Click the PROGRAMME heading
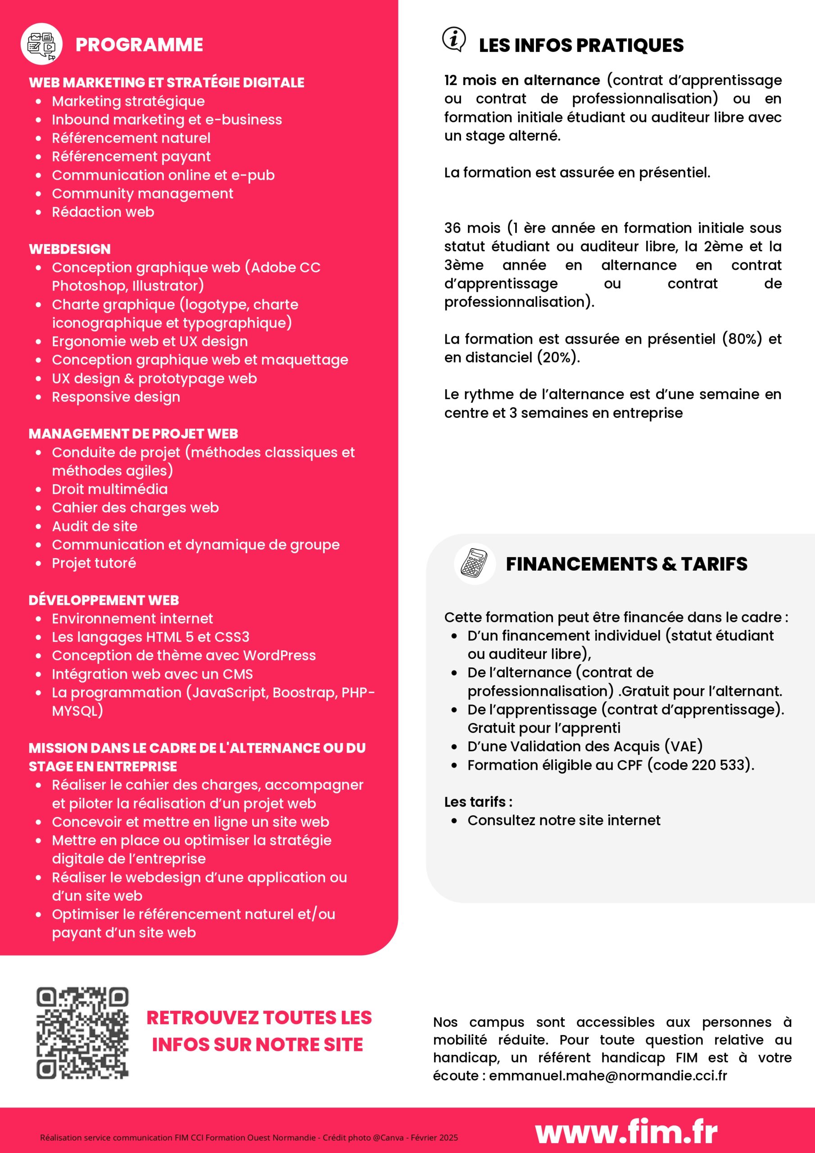tap(139, 45)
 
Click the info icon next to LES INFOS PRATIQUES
tap(454, 39)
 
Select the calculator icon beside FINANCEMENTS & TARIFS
tap(475, 563)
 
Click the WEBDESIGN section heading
tap(70, 249)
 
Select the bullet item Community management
tap(143, 193)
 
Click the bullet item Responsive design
tap(116, 397)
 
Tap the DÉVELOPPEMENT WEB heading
tap(104, 600)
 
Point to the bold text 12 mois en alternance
tap(522, 80)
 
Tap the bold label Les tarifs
tap(478, 802)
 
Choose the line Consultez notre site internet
tap(563, 821)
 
